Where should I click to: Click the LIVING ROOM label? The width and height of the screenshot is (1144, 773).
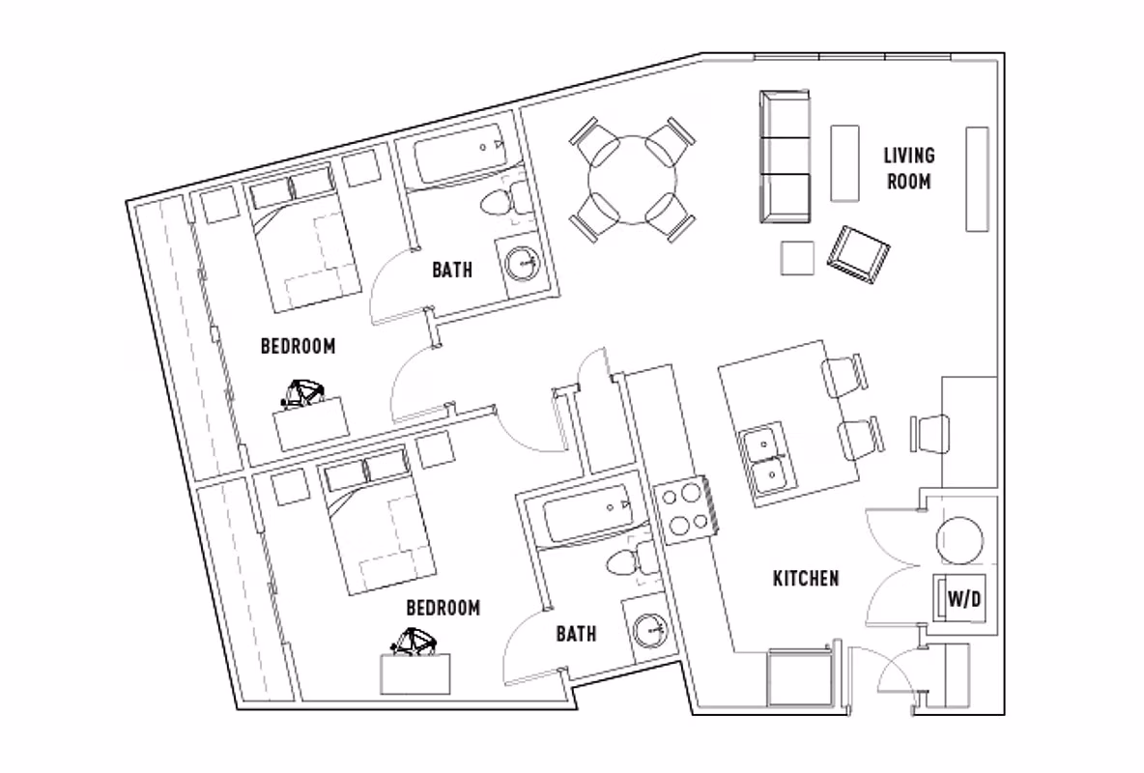[x=908, y=167]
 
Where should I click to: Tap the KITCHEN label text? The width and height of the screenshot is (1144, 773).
[x=805, y=579]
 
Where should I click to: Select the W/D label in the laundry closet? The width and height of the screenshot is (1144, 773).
[x=962, y=599]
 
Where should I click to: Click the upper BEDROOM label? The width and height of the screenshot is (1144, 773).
[x=298, y=346]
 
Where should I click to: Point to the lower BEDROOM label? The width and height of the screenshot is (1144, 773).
[x=443, y=608]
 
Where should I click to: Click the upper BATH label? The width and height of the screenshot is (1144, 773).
[x=452, y=270]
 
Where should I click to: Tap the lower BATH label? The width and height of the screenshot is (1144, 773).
[x=576, y=634]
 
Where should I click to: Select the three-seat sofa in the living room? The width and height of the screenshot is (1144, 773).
[x=784, y=157]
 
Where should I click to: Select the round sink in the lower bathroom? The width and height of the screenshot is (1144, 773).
[x=652, y=631]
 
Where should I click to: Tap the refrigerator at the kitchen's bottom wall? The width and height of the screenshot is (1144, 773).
[x=799, y=680]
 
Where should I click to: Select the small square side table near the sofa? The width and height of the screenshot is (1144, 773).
[x=799, y=258]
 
